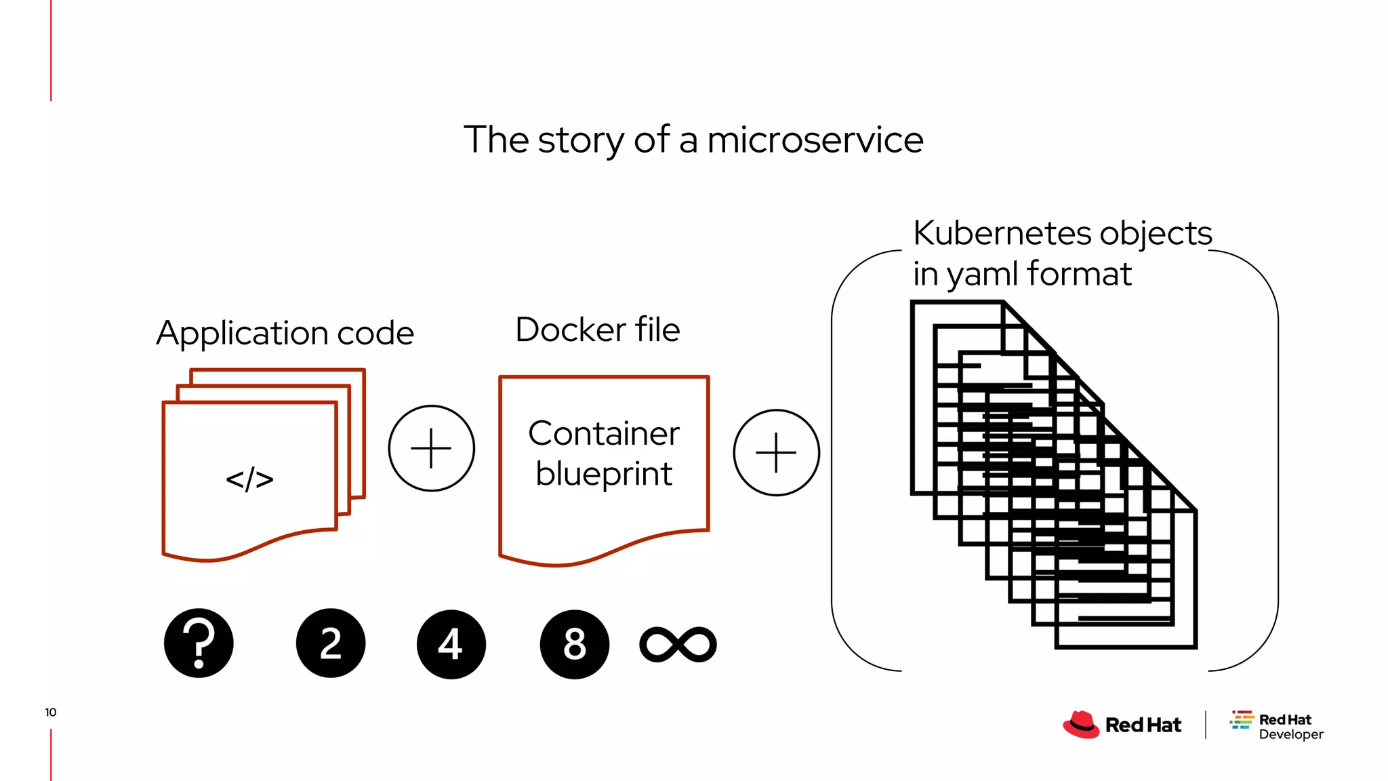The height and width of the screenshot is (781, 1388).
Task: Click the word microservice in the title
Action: click(815, 140)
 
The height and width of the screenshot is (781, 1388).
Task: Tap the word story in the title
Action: click(581, 140)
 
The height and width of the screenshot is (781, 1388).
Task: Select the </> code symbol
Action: click(249, 479)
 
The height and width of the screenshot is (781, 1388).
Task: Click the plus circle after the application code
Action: click(432, 448)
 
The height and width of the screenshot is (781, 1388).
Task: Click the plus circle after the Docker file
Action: click(776, 452)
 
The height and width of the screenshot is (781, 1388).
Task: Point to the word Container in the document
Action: click(603, 434)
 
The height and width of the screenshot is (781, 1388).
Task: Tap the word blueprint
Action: click(603, 474)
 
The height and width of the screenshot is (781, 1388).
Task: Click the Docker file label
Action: click(597, 330)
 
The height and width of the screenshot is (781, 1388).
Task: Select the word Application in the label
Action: click(242, 334)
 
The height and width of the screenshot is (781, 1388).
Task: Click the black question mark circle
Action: click(199, 643)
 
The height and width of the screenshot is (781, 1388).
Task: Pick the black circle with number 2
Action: click(331, 643)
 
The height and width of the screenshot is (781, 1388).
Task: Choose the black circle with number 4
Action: click(451, 644)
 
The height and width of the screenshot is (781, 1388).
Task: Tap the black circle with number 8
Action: click(574, 644)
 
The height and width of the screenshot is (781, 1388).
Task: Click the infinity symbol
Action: click(678, 644)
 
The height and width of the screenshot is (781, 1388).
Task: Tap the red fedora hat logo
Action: click(1081, 724)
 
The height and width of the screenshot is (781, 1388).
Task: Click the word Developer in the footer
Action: click(1290, 734)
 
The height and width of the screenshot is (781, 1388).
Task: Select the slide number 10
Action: click(51, 712)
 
